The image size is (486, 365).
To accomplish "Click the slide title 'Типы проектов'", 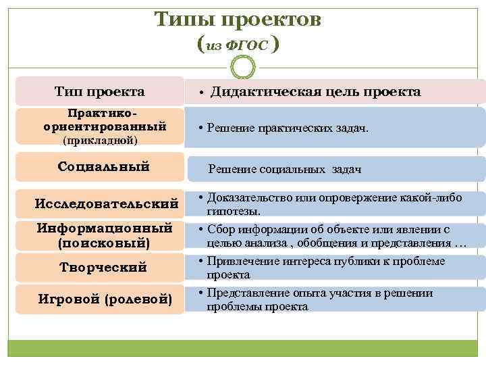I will tap(238, 19).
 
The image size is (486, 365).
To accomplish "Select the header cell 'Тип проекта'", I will tap(100, 91).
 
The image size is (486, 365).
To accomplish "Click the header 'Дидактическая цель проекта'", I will tap(315, 92).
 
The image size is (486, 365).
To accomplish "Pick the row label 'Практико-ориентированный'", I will tap(104, 120).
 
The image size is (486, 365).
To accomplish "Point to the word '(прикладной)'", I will tap(100, 141).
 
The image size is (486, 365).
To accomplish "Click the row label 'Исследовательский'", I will tap(106, 203).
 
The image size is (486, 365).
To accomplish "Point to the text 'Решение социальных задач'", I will tap(285, 170).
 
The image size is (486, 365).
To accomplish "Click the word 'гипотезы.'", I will tap(229, 212).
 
